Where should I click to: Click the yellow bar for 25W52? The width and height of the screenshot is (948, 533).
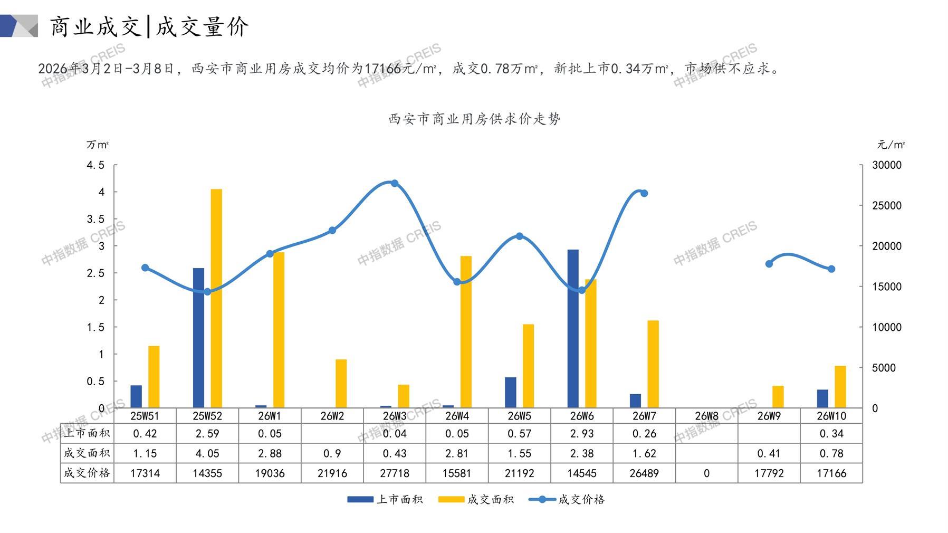coord(216,298)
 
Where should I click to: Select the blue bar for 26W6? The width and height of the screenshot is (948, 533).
coord(573,328)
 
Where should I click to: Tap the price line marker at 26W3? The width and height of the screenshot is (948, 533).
coord(395,183)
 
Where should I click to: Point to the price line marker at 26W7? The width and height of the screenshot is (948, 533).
coord(644,193)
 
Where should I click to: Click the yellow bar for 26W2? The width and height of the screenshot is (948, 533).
coord(341,384)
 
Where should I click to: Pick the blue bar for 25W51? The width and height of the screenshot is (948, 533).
coord(136,396)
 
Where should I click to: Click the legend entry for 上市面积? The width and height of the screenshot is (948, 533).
coord(385,499)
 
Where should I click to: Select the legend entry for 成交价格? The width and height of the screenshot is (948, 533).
coord(567,499)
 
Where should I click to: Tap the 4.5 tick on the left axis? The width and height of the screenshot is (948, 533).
coord(95,165)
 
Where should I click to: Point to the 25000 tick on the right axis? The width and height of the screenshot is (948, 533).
coord(887,206)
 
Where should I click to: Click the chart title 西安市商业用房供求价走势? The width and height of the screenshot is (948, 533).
coord(474,119)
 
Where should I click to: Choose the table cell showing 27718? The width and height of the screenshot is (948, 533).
coord(395,473)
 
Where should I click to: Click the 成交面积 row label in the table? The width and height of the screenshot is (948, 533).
coord(87,453)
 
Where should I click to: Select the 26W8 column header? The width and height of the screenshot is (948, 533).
coord(706,416)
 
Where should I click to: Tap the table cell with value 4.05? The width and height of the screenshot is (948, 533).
coord(207,453)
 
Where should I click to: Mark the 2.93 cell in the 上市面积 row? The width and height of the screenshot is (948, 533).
coord(582,434)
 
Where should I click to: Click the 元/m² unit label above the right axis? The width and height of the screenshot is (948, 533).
coord(890,145)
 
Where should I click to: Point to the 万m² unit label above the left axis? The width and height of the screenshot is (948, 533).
coord(98,145)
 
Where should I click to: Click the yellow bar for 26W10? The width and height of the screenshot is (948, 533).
coord(840,387)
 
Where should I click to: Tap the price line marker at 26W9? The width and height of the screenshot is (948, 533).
coord(769,264)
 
